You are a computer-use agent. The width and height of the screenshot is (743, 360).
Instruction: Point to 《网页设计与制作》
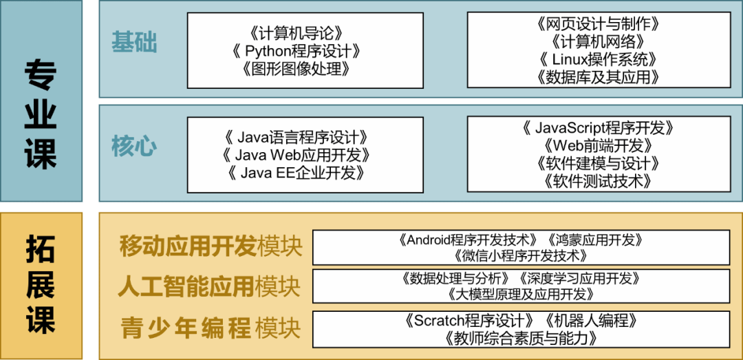(x=598, y=23)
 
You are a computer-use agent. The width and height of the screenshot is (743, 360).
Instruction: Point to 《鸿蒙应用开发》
(x=596, y=240)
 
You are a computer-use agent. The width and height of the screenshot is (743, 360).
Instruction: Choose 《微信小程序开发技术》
(x=521, y=256)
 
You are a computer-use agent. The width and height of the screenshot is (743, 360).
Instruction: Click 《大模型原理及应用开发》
(x=521, y=295)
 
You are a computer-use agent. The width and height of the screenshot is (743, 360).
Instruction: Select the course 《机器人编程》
(x=591, y=321)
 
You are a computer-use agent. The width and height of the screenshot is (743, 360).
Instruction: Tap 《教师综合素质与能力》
(x=521, y=338)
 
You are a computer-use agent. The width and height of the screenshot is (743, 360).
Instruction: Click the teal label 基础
(x=134, y=43)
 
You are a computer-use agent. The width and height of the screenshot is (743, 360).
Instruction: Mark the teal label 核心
(x=134, y=147)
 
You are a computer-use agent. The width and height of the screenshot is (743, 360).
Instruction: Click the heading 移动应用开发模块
(x=211, y=246)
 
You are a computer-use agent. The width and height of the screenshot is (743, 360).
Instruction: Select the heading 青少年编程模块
(x=211, y=328)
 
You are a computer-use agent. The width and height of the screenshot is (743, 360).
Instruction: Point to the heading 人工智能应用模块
(x=209, y=286)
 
